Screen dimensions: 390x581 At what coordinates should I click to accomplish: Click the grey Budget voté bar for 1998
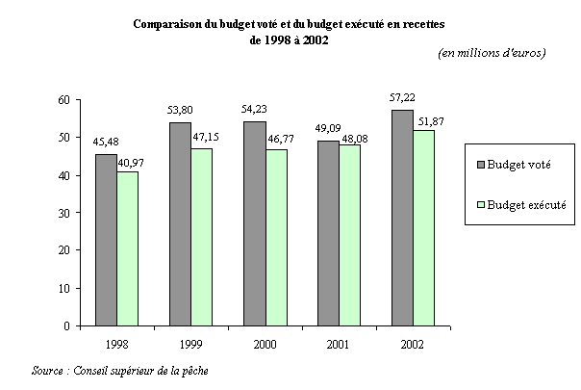pos(107,240)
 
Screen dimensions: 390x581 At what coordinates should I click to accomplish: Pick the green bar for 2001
pos(350,235)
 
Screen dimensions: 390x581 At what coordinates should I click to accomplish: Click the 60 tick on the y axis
pos(63,99)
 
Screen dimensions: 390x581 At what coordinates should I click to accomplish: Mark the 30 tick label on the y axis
pos(63,213)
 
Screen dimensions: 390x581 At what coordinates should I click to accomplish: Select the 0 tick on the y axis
pos(66,325)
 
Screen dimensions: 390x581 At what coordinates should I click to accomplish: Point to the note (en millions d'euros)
pos(492,53)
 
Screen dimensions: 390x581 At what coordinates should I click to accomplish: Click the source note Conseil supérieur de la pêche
pos(139,371)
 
